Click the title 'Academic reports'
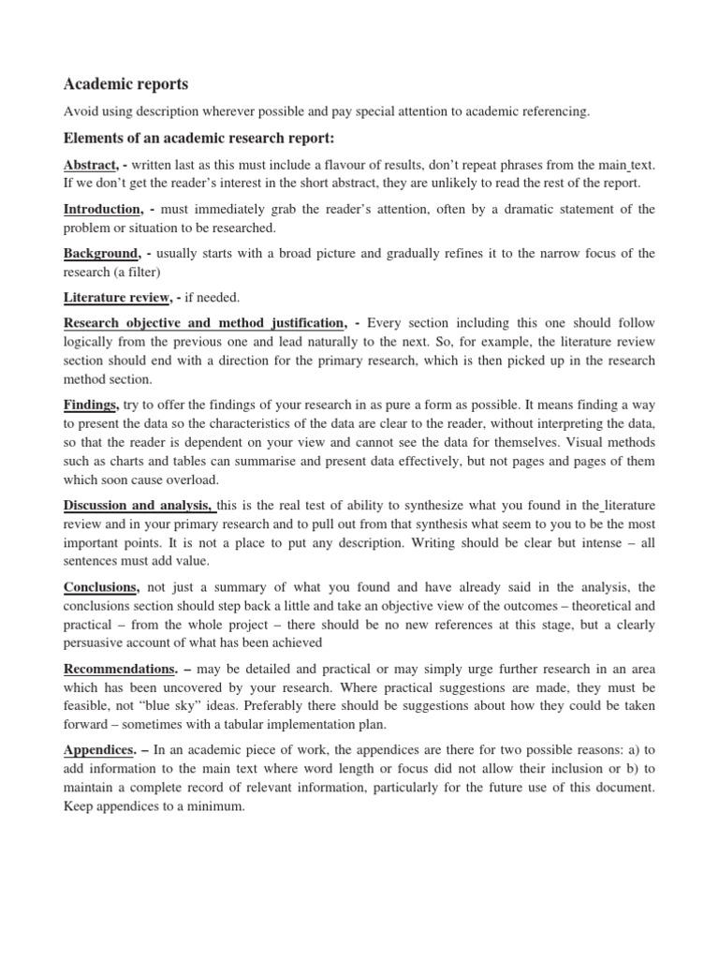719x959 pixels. [125, 84]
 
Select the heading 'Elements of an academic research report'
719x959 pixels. [198, 139]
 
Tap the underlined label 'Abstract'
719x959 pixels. [90, 164]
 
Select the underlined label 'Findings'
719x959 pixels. [91, 405]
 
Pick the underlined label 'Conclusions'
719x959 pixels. [101, 587]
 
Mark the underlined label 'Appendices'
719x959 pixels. [98, 750]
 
